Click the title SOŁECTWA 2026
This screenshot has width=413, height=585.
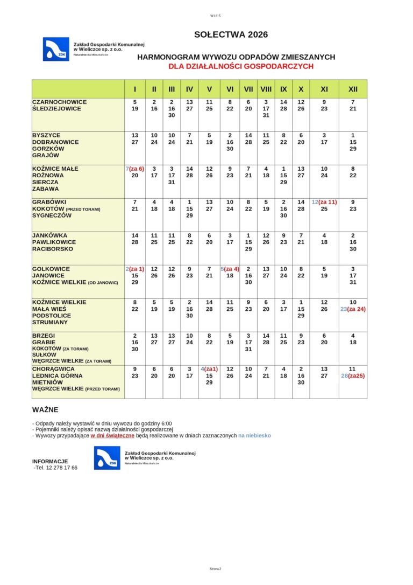pyautogui.click(x=231, y=35)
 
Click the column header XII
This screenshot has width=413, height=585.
pyautogui.click(x=353, y=89)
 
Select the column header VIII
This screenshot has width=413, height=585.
pyautogui.click(x=266, y=89)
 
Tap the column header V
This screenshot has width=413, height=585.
pyautogui.click(x=209, y=89)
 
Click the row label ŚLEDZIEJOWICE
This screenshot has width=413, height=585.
pyautogui.click(x=56, y=109)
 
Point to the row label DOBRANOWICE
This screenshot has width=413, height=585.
pyautogui.click(x=55, y=142)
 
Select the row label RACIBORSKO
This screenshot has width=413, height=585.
pyautogui.click(x=53, y=249)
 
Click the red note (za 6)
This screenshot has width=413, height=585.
pyautogui.click(x=137, y=169)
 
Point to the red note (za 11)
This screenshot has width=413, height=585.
pyautogui.click(x=328, y=202)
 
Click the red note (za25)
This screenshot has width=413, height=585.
pyautogui.click(x=357, y=376)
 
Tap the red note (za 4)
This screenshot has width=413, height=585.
pyautogui.click(x=232, y=269)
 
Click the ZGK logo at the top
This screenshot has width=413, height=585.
pyautogui.click(x=56, y=49)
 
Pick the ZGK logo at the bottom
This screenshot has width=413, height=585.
pyautogui.click(x=107, y=458)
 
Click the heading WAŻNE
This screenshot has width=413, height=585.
pyautogui.click(x=45, y=410)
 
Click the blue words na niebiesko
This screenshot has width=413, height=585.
pyautogui.click(x=254, y=435)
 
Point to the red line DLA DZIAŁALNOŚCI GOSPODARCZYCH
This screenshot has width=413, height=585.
pyautogui.click(x=240, y=67)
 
